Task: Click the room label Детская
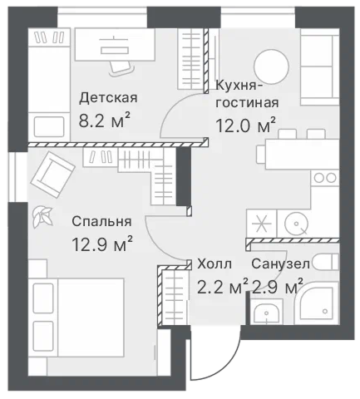(108, 98)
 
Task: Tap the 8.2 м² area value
(104, 121)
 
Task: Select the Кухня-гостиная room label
(247, 94)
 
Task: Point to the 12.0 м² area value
(245, 126)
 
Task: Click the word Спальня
(101, 222)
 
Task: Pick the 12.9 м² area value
(102, 244)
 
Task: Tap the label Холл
(215, 264)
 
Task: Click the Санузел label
(280, 264)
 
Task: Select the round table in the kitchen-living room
(272, 66)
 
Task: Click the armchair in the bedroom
(52, 175)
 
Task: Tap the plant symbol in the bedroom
(42, 217)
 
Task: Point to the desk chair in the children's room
(121, 68)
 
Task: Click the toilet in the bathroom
(326, 261)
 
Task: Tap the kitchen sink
(296, 224)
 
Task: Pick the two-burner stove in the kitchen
(325, 178)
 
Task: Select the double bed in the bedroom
(78, 318)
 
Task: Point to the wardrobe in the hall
(174, 298)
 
